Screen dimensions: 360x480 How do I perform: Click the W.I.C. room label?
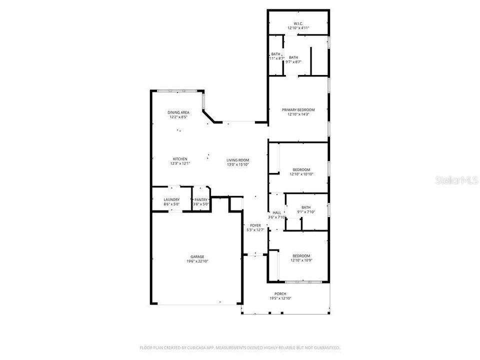[298, 23]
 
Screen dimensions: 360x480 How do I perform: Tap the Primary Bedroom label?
[298, 109]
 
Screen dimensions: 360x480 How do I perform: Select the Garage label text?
[196, 256]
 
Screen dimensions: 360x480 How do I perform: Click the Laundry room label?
[171, 199]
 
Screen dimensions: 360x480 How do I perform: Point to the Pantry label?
[200, 199]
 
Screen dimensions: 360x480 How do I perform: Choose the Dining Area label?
[178, 112]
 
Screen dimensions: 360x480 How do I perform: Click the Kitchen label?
[180, 159]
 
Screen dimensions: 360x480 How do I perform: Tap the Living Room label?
[237, 160]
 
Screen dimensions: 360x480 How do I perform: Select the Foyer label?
[255, 225]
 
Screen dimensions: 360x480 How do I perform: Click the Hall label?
[276, 212]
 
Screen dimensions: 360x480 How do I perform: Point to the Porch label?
[280, 293]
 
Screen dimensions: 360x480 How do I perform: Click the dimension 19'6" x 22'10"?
[196, 261]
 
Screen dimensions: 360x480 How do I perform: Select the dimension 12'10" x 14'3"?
[298, 114]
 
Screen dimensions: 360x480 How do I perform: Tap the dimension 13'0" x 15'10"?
[237, 164]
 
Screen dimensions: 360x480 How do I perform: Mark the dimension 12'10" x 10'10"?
[301, 174]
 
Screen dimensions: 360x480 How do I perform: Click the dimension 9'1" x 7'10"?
[306, 211]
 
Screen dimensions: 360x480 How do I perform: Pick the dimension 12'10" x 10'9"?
[301, 260]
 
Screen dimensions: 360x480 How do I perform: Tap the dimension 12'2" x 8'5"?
[178, 117]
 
